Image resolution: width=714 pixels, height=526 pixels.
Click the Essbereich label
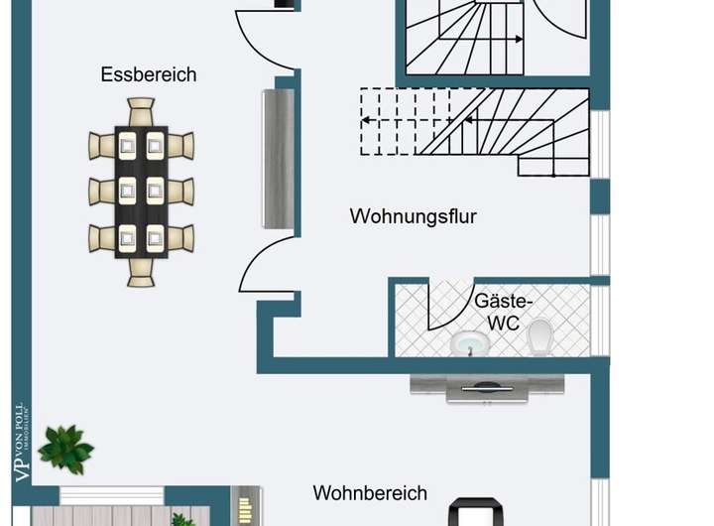[149, 74]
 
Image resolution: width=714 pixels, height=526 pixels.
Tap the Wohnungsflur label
[413, 215]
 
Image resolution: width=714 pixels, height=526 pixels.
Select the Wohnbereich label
[370, 493]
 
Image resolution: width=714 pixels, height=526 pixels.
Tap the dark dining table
[141, 192]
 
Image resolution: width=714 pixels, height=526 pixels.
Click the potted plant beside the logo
[66, 449]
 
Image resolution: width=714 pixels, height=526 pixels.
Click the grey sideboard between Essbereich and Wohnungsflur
[277, 159]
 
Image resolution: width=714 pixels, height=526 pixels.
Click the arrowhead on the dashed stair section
[365, 120]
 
